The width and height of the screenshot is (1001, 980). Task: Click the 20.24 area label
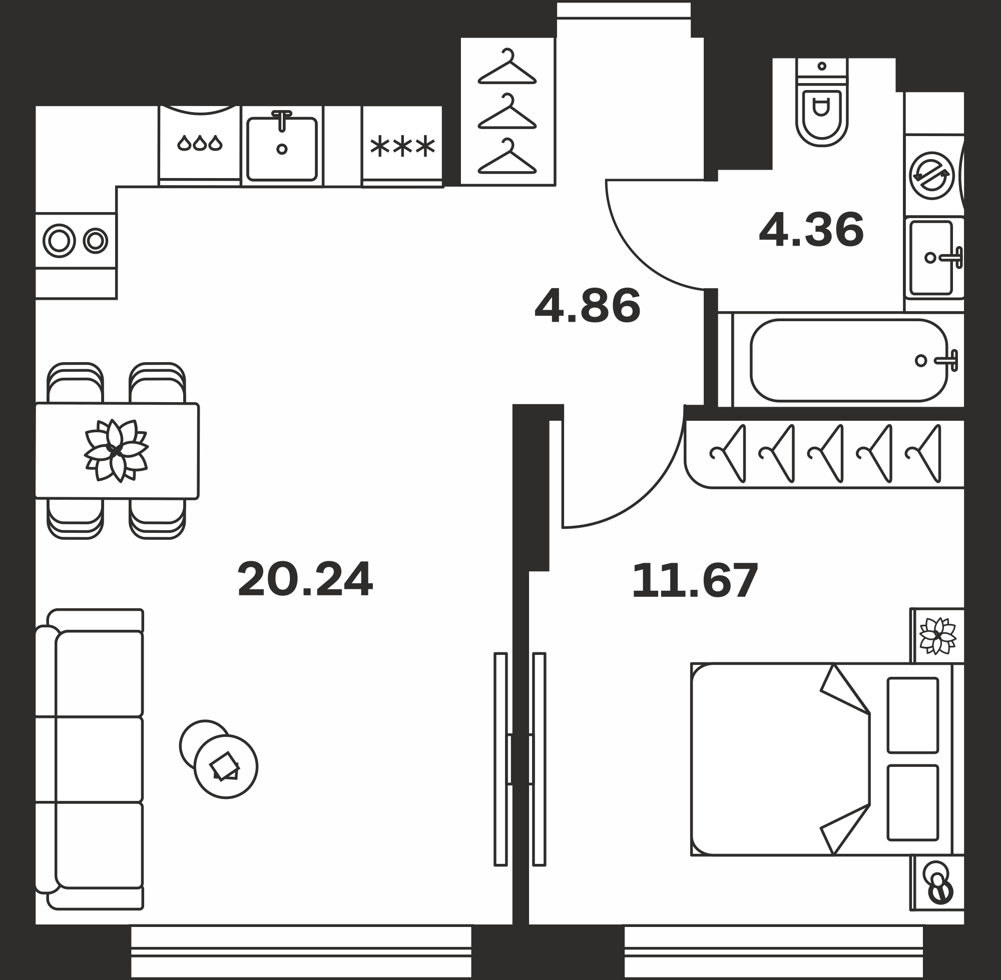[x=305, y=579]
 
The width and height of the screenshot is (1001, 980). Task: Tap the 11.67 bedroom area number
[x=695, y=581]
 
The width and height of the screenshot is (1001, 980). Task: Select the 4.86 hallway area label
[x=588, y=306]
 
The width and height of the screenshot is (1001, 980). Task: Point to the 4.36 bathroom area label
[x=811, y=230]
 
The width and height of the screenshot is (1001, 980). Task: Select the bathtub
[x=848, y=360]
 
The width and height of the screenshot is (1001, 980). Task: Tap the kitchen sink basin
[x=282, y=149]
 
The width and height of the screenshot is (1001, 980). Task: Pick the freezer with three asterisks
[x=402, y=147]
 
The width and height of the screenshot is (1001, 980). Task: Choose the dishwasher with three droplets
[x=200, y=146]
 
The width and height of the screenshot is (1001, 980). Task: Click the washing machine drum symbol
[x=931, y=176]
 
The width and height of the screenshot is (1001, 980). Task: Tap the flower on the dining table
[x=117, y=451]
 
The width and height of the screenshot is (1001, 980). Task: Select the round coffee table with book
[x=226, y=767]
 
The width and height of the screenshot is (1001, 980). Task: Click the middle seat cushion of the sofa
[x=99, y=759]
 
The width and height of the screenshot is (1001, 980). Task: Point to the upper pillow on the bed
[x=913, y=715]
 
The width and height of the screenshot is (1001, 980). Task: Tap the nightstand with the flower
[x=937, y=636]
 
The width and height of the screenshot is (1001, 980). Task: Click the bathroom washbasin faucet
[x=950, y=257]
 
